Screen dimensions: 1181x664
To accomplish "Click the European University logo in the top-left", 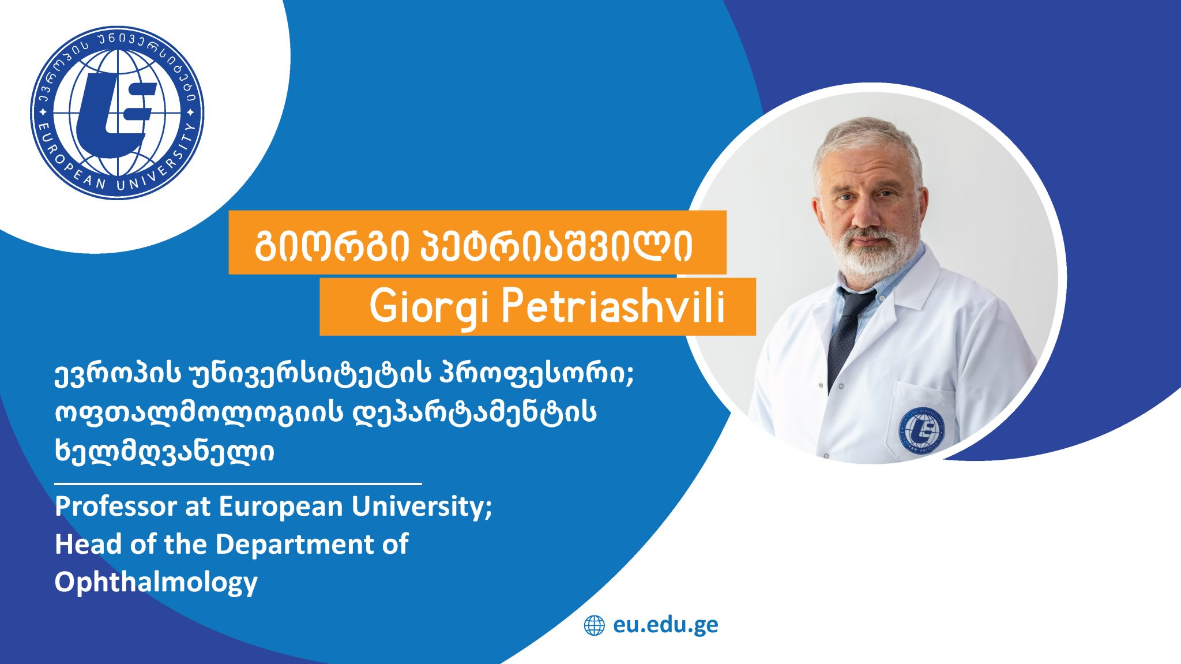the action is pyautogui.click(x=117, y=113).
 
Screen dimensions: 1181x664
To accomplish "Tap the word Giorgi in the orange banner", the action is pyautogui.click(x=429, y=307).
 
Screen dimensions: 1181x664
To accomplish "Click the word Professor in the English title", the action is pyautogui.click(x=116, y=507).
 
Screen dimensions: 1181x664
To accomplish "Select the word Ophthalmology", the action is pyautogui.click(x=156, y=582).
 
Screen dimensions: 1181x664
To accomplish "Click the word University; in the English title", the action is pyautogui.click(x=422, y=507).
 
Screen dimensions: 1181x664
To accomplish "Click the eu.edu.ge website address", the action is pyautogui.click(x=665, y=625).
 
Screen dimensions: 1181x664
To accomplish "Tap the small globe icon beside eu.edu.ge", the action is pyautogui.click(x=595, y=625).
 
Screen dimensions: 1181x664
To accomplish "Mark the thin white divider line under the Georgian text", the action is pyautogui.click(x=238, y=483).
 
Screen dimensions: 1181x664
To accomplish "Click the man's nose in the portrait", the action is pyautogui.click(x=863, y=215).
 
